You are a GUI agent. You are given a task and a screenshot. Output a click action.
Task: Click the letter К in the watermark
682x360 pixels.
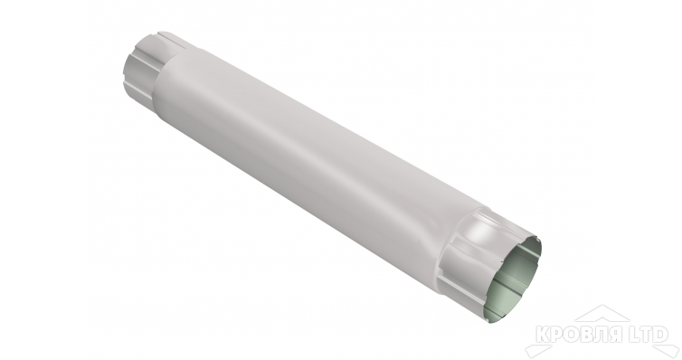tap(543, 335)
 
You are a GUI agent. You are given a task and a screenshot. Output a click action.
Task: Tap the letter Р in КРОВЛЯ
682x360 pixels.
tap(557, 335)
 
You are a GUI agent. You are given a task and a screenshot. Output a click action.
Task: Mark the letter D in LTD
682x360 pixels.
tap(660, 335)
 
